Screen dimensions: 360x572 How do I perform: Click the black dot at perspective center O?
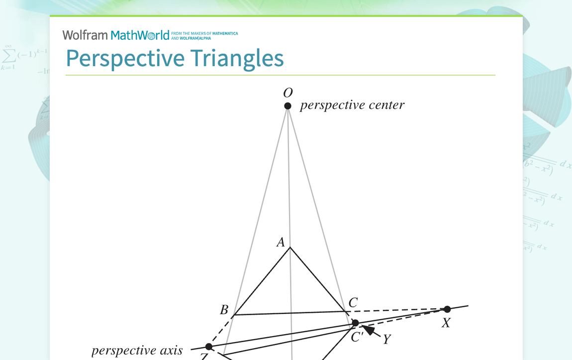287,106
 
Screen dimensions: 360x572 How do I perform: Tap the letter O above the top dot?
287,93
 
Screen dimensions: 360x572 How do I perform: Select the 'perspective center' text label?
352,105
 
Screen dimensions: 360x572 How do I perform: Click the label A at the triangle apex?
281,242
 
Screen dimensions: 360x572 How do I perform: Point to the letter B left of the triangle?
224,310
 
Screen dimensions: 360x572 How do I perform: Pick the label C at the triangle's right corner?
353,302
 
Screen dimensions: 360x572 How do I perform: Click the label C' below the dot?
357,337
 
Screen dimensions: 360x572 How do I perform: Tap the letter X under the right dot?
446,323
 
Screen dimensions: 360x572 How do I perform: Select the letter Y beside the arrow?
386,340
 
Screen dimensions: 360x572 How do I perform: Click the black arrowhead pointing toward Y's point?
369,330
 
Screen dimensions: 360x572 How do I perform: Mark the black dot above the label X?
447,309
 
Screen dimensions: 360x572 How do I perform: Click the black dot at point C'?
355,323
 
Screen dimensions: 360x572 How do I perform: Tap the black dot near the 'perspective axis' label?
209,347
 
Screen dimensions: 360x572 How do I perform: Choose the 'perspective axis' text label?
137,351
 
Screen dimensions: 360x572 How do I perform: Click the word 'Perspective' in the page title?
125,58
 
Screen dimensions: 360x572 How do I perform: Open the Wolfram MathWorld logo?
116,35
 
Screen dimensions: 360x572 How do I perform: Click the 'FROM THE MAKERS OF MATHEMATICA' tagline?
204,34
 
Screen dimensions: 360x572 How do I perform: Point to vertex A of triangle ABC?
289,248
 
